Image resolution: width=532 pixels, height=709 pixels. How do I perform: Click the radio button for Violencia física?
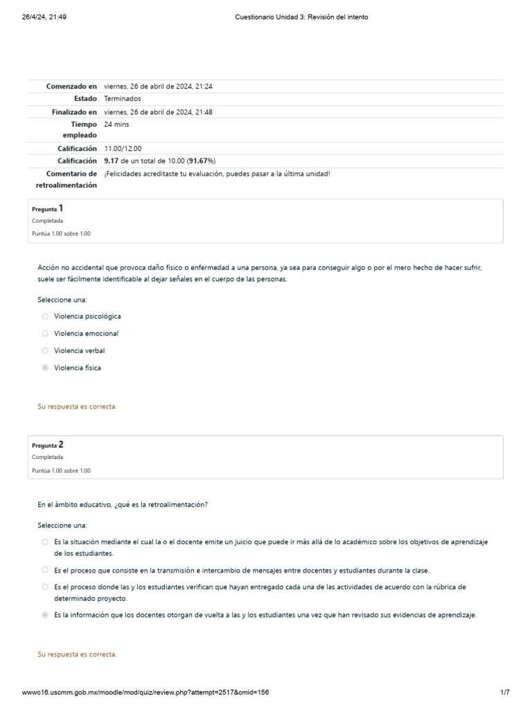(x=45, y=368)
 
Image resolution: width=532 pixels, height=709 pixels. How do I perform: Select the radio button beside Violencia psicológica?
(x=45, y=316)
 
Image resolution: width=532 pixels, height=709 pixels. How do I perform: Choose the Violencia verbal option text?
(x=79, y=350)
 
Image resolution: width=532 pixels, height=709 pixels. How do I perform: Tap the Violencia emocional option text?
(x=86, y=333)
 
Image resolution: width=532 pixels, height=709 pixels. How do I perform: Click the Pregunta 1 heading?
(x=48, y=208)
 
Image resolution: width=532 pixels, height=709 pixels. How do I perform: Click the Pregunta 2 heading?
(x=48, y=445)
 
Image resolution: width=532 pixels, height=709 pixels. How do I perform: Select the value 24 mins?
(x=116, y=124)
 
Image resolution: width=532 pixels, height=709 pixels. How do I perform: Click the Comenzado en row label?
(x=71, y=87)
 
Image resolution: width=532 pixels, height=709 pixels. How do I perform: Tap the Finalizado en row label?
(x=74, y=111)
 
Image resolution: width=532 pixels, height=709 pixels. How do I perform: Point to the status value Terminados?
(x=123, y=99)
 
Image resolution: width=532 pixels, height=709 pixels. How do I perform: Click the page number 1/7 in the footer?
(x=504, y=692)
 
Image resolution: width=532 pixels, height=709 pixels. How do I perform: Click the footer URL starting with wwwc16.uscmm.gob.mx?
(x=145, y=692)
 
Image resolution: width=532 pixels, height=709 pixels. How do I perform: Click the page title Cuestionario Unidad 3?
(x=299, y=17)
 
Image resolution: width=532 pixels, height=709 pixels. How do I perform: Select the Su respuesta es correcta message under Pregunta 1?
(x=77, y=406)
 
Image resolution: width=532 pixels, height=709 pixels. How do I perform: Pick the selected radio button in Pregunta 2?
(x=45, y=614)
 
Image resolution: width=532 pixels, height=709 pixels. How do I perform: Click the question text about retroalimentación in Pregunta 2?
(x=123, y=505)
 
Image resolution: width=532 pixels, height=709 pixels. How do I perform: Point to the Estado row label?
(x=85, y=99)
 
